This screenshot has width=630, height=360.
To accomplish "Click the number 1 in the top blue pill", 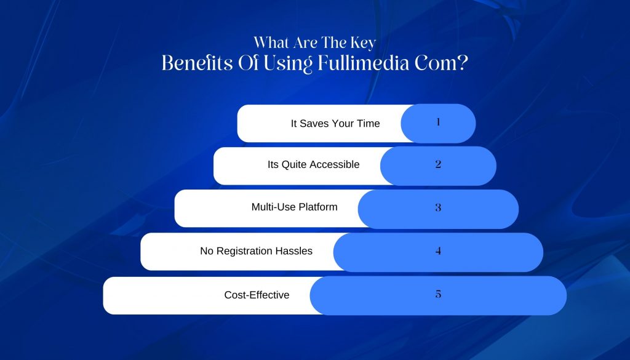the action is click(x=438, y=122).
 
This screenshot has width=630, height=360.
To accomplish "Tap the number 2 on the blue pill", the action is click(x=438, y=164).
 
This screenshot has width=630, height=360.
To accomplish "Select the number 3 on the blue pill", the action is click(x=438, y=207).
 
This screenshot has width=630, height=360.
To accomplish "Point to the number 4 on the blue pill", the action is click(x=438, y=250).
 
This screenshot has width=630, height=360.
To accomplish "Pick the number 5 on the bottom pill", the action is click(x=438, y=294).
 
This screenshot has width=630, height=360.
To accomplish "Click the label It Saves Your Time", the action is click(x=335, y=123).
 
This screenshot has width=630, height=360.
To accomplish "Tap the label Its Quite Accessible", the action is click(x=313, y=164).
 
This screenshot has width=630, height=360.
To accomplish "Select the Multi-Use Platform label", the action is click(x=295, y=207).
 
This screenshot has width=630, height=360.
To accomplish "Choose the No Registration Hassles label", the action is click(x=257, y=251).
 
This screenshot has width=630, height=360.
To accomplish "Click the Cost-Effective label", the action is click(x=257, y=295).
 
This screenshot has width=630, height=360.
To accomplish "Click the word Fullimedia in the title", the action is click(x=364, y=63).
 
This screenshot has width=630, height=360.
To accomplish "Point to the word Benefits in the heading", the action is click(x=197, y=63).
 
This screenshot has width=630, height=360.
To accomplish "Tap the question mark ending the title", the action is click(x=463, y=63).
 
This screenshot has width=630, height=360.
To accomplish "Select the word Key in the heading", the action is click(x=363, y=43).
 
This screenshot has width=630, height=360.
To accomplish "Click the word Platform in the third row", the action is click(x=318, y=207).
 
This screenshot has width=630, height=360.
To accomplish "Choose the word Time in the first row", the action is click(x=369, y=123).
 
